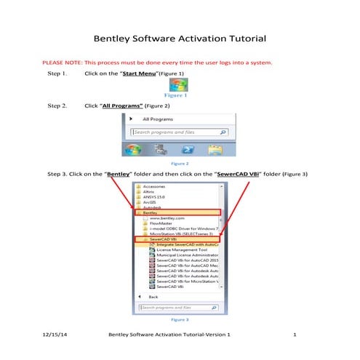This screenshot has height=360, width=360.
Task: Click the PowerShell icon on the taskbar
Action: coord(187,149)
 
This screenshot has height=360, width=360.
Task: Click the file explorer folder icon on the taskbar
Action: coord(215,149)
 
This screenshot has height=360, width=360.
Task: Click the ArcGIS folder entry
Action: coord(151,204)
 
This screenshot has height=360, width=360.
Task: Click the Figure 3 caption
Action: coord(179,319)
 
